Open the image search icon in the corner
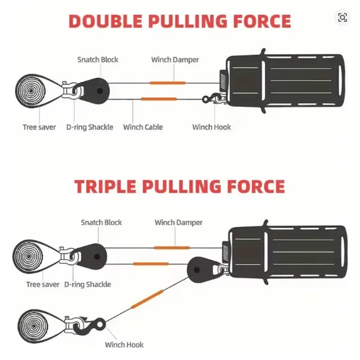[x=342, y=17]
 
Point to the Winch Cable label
[x=143, y=127]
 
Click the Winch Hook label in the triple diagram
[x=124, y=344]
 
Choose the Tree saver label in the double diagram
[x=40, y=127]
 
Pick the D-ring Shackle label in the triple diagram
[x=88, y=284]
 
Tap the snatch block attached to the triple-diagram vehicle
[x=201, y=269]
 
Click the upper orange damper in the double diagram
[x=165, y=82]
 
